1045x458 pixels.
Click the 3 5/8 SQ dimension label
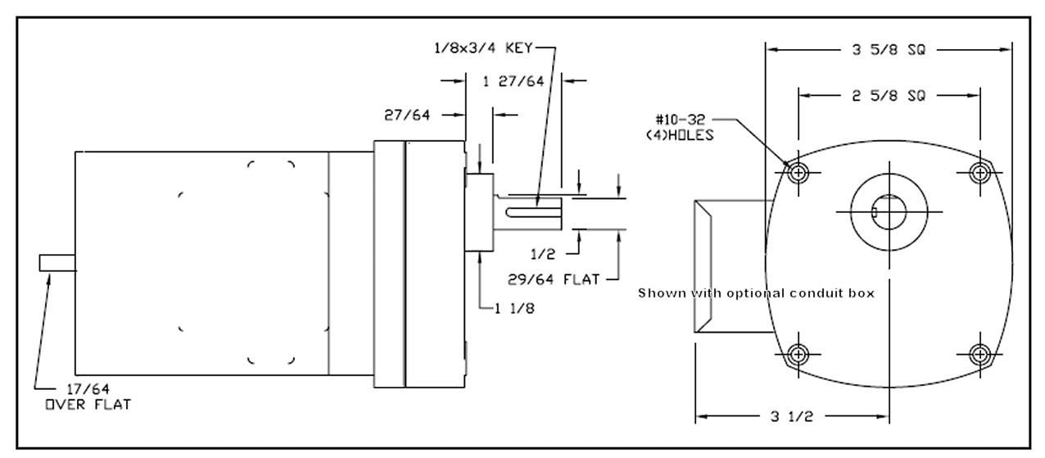point(888,50)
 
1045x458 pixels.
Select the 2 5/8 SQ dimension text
point(888,96)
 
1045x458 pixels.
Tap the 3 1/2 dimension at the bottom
point(792,416)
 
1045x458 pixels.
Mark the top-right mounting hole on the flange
point(979,172)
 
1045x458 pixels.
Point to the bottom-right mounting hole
point(979,355)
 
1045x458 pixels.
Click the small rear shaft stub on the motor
point(57,263)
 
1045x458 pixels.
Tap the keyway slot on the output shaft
point(533,215)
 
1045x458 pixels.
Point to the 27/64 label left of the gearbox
point(407,115)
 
